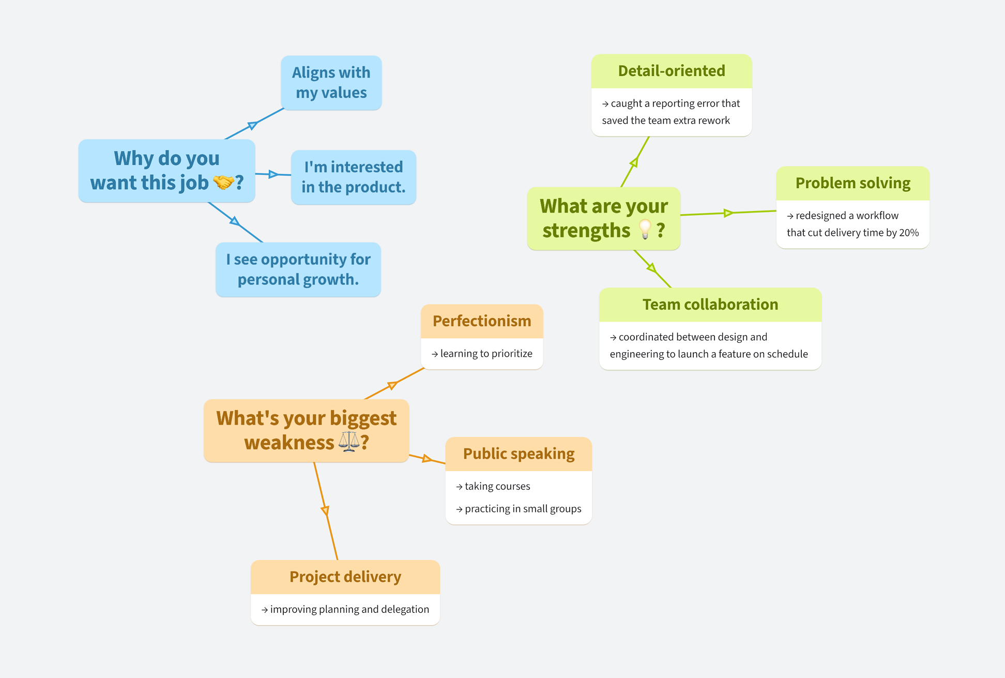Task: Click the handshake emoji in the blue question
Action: [x=224, y=182]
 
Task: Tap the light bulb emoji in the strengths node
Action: [x=645, y=229]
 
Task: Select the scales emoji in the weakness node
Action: [x=349, y=442]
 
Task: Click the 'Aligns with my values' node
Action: [x=331, y=83]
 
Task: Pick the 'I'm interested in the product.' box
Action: [x=353, y=177]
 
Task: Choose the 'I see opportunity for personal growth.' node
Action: [x=298, y=269]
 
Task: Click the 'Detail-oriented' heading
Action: [x=671, y=71]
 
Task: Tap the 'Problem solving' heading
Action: [x=852, y=183]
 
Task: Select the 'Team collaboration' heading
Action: [x=710, y=305]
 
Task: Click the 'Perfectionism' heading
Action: [x=481, y=321]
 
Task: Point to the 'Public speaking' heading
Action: [x=518, y=454]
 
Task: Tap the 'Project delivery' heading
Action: [x=345, y=577]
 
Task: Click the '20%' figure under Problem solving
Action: [x=908, y=233]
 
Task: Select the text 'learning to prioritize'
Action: [x=486, y=354]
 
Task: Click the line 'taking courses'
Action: [x=497, y=486]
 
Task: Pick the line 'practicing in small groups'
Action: [x=523, y=509]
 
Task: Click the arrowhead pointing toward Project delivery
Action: [x=325, y=510]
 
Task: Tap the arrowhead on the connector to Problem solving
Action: [x=728, y=213]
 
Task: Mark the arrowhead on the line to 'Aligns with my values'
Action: [x=252, y=125]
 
